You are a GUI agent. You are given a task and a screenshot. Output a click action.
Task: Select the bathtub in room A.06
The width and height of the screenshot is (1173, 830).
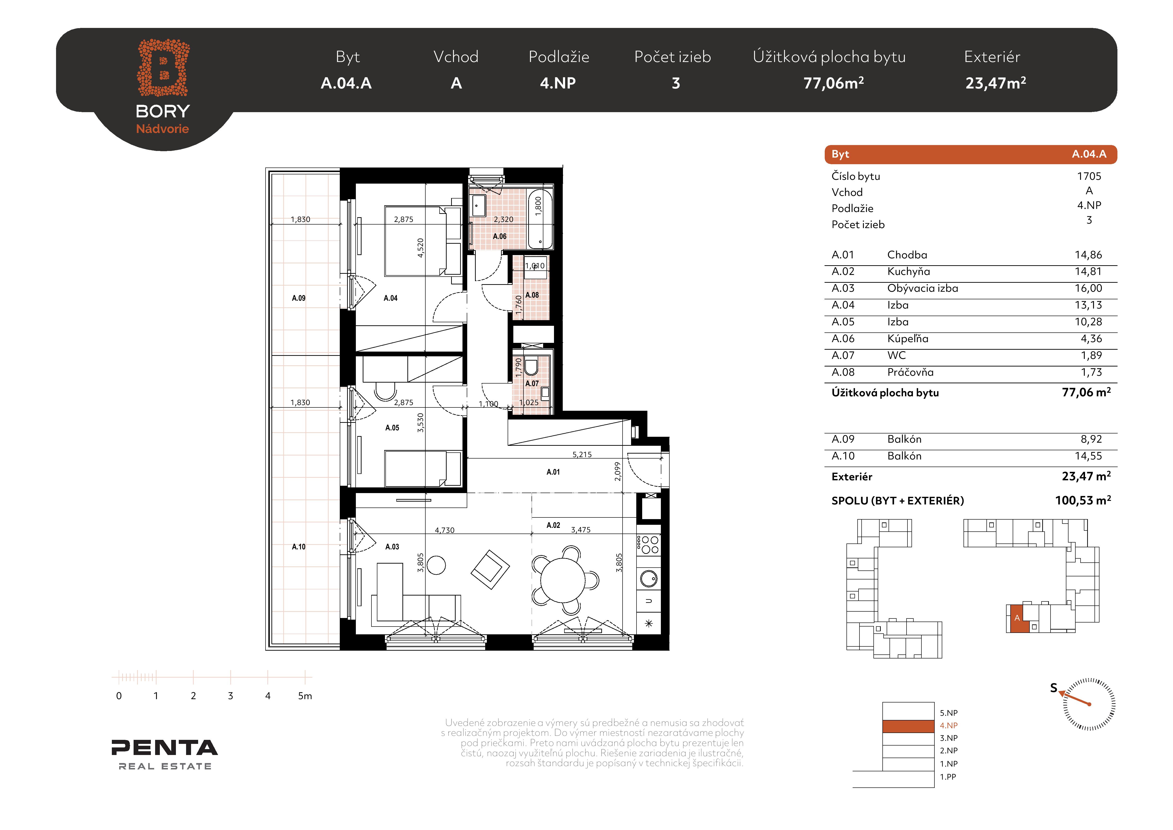click(540, 219)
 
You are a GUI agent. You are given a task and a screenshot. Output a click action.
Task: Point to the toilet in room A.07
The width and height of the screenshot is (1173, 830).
click(531, 366)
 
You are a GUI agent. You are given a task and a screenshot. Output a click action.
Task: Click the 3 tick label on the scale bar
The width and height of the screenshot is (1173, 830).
click(230, 696)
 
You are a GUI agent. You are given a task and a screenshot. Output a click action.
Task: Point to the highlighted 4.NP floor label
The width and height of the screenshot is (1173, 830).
click(949, 725)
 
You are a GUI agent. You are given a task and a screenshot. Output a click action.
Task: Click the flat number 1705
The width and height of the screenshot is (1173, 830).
click(1089, 176)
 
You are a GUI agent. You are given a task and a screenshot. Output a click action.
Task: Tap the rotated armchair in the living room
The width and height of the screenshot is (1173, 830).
click(490, 569)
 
